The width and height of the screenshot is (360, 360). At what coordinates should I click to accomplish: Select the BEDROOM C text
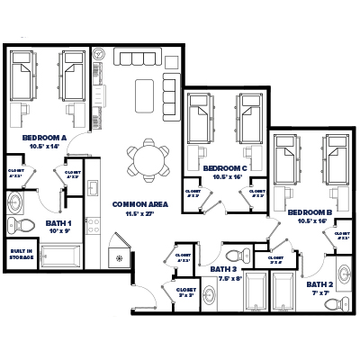point(221,167)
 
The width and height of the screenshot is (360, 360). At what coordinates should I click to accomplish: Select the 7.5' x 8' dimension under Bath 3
point(230,279)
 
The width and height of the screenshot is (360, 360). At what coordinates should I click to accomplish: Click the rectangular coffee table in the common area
point(144,92)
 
